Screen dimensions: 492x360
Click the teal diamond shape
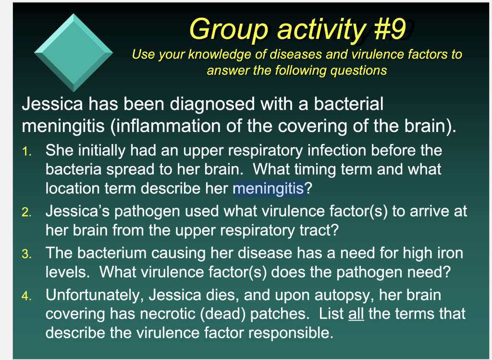coord(74,53)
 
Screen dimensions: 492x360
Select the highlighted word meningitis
coord(269,189)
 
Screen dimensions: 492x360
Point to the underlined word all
coord(356,313)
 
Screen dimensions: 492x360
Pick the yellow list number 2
coord(27,212)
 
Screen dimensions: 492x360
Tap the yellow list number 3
coord(27,254)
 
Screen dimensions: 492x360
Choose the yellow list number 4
coord(27,296)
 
